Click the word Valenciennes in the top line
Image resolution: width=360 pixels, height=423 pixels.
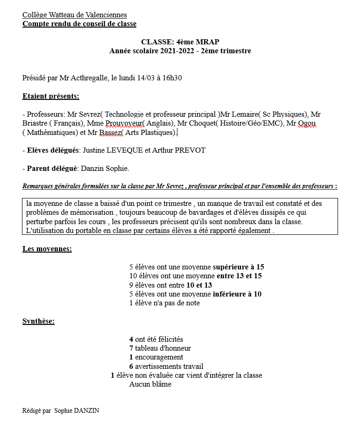click(x=106, y=15)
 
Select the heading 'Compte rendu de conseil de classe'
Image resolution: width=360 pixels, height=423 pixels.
click(x=79, y=24)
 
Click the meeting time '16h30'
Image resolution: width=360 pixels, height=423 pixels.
click(x=172, y=78)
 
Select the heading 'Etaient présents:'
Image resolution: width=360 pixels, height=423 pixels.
click(x=51, y=97)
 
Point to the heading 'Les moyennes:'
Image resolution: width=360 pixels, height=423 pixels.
click(x=47, y=249)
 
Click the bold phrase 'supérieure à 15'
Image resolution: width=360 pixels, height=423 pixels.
click(x=238, y=267)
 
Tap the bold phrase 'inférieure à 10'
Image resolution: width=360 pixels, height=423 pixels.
click(x=237, y=294)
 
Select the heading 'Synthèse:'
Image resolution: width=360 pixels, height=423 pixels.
click(x=38, y=322)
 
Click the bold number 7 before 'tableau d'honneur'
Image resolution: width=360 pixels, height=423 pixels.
click(x=131, y=348)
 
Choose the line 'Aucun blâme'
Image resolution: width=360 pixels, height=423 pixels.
click(x=150, y=384)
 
